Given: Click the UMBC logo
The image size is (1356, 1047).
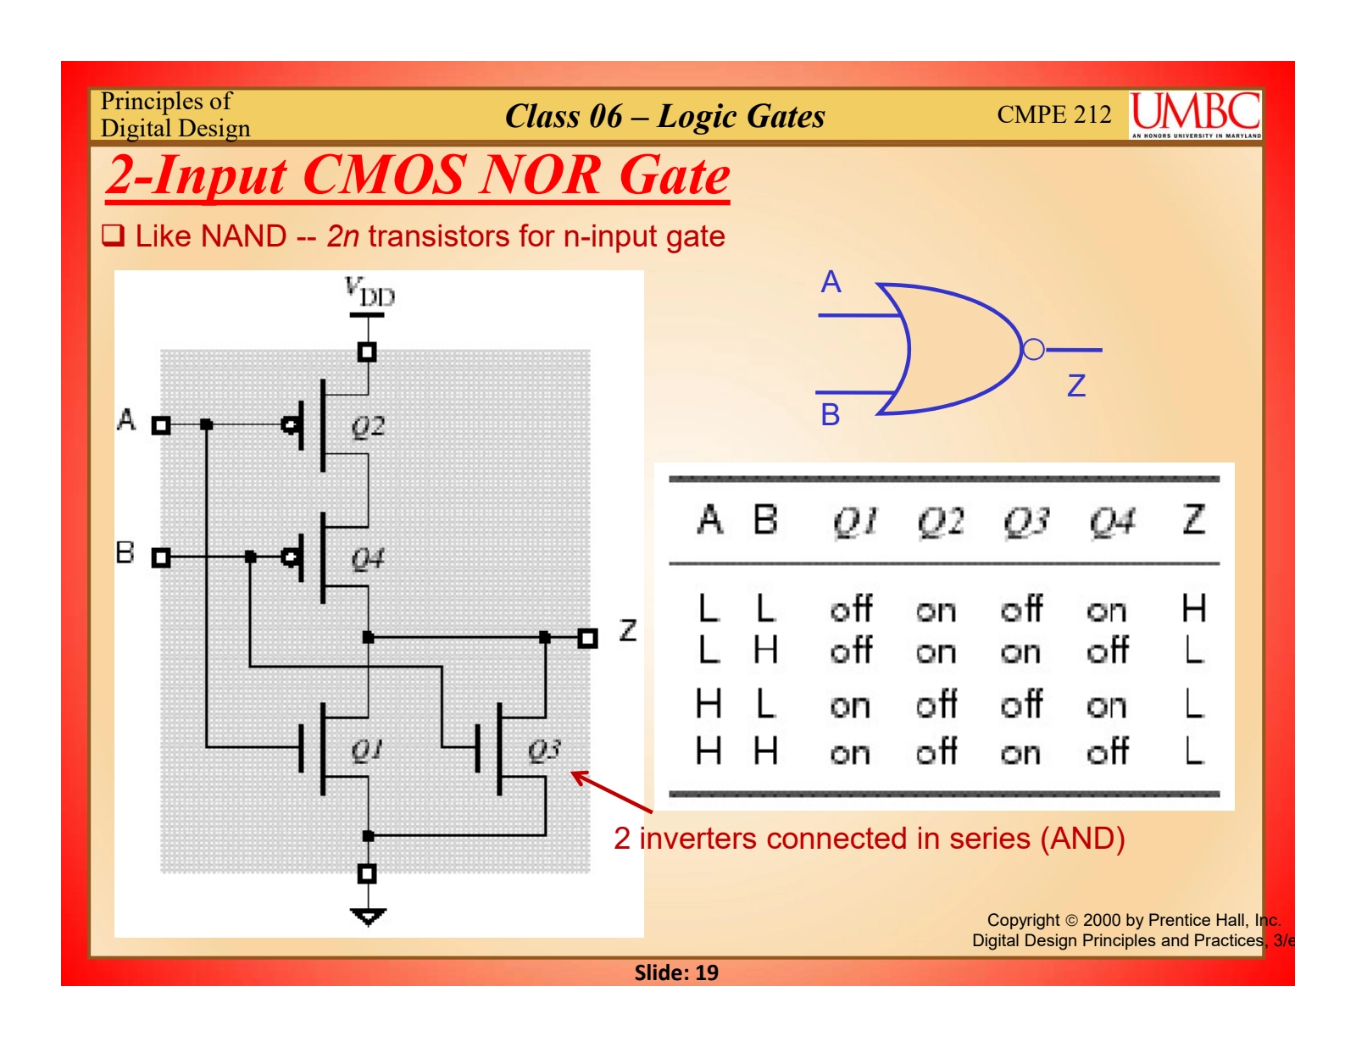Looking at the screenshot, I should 1196,114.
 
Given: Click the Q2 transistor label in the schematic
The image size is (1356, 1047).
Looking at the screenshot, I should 368,426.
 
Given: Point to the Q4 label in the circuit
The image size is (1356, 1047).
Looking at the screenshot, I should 368,559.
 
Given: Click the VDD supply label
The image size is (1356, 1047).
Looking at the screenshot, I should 370,292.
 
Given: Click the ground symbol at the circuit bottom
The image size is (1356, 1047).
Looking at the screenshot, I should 368,916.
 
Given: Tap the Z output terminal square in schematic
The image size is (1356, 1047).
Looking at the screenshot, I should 587,638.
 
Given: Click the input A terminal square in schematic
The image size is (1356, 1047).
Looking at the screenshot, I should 161,425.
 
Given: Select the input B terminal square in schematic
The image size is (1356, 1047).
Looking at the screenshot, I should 161,557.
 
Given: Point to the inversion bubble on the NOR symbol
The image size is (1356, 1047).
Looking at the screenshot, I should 1033,349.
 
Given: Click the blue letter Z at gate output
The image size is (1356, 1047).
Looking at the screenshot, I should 1076,386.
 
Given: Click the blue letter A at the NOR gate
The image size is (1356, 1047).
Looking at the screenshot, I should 831,282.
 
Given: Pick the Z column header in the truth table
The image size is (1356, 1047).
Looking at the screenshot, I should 1193,520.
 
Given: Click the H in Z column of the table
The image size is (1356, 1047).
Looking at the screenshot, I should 1193,608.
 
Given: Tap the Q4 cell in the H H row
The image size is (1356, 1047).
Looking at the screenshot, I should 1108,751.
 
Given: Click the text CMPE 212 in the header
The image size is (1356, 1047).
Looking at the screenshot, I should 1053,114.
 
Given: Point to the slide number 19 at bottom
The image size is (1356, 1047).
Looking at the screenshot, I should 706,972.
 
